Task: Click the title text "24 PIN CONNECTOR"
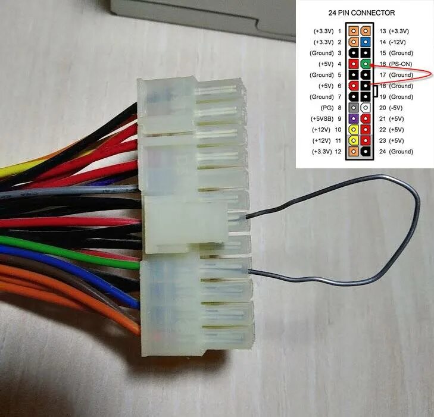pos(361,12)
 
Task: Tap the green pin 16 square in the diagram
pos(364,64)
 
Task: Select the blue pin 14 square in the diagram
pos(364,42)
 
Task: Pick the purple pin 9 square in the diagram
pos(354,119)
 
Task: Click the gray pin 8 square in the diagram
pos(354,108)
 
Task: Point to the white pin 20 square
pos(364,108)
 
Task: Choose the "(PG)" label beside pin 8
pos(326,108)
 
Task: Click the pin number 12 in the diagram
pos(339,152)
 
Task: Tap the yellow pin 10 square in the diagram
pos(354,130)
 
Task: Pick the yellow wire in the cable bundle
pos(18,171)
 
